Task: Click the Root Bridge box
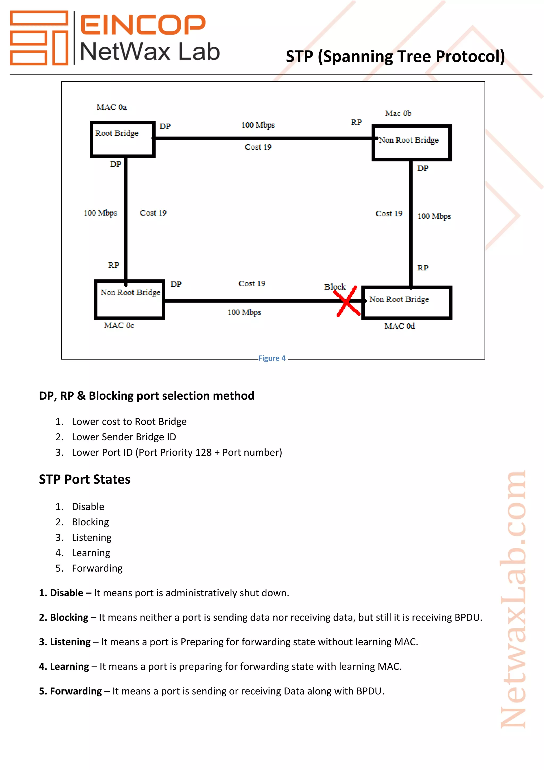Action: click(x=122, y=139)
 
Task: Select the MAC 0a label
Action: click(x=112, y=107)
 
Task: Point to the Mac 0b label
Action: click(x=398, y=113)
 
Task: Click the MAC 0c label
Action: click(x=119, y=325)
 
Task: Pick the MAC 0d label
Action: click(x=399, y=326)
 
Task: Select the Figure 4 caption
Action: click(x=272, y=358)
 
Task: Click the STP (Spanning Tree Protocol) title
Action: click(x=395, y=56)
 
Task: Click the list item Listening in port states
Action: click(x=91, y=537)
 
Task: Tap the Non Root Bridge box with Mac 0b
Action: click(x=411, y=143)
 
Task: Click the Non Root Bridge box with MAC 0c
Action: click(x=129, y=299)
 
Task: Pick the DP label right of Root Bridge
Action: click(x=165, y=127)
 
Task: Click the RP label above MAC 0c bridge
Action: click(x=114, y=265)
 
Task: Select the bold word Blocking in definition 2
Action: click(x=69, y=617)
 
